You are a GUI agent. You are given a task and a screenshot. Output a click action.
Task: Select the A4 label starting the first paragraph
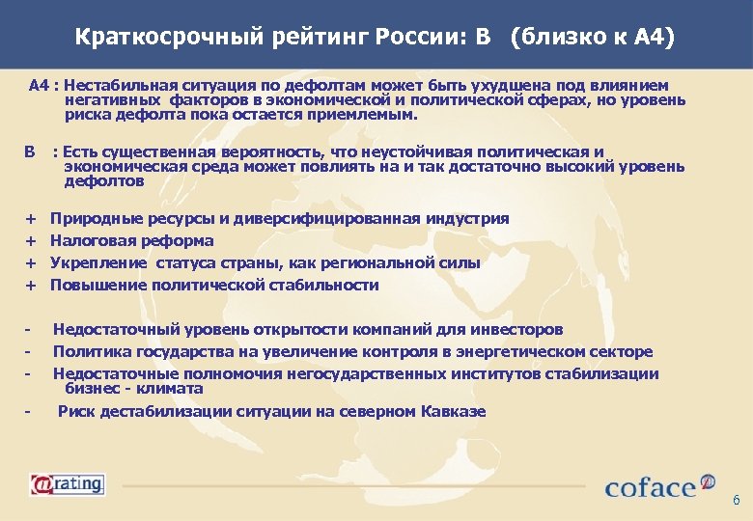[39, 86]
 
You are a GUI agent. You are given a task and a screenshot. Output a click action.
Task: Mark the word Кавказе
[453, 412]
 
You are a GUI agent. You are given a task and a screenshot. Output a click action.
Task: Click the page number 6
[736, 500]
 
